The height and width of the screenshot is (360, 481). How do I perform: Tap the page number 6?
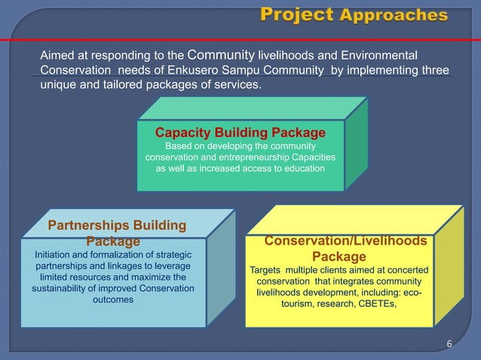point(449,345)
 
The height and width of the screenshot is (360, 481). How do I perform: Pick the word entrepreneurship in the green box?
point(248,157)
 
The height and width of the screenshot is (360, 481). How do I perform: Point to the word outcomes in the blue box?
point(112,300)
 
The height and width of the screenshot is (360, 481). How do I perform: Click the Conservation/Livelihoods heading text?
point(346,240)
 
